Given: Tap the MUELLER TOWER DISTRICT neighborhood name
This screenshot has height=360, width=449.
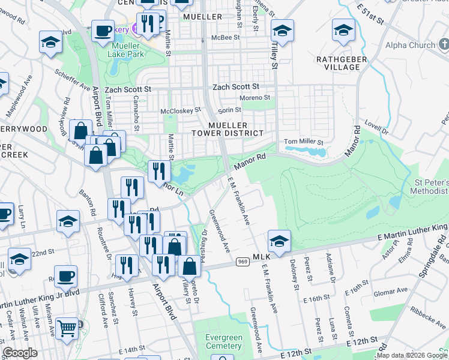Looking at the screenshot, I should tap(227, 129).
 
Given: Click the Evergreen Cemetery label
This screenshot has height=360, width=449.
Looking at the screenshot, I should tap(223, 341).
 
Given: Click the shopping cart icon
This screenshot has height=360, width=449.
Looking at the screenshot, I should tap(67, 327).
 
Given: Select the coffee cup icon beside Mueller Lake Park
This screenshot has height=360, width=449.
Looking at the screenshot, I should tap(103, 29).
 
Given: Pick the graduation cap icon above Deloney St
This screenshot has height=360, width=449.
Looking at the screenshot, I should tap(279, 241).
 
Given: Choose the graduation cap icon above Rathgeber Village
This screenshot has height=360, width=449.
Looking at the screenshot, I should tap(343, 29).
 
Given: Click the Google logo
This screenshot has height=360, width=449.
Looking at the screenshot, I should tap(20, 353).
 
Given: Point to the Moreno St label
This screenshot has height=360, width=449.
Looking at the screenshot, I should tap(255, 97).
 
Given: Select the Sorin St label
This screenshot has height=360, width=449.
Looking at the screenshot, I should tap(229, 110).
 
